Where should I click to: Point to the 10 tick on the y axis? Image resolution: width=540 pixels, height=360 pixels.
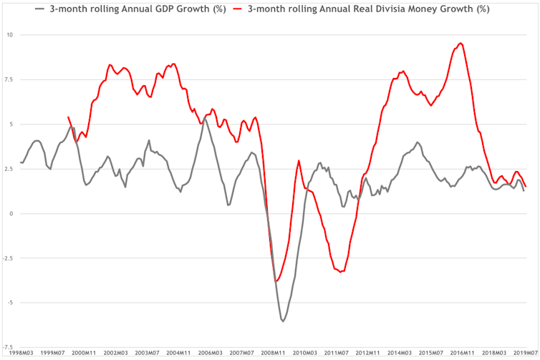pyautogui.click(x=9, y=34)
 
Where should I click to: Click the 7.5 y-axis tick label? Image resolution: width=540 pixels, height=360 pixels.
pyautogui.click(x=8, y=79)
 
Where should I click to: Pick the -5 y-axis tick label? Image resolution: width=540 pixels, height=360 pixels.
pyautogui.click(x=9, y=302)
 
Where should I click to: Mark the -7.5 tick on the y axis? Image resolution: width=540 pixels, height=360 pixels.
pyautogui.click(x=6, y=347)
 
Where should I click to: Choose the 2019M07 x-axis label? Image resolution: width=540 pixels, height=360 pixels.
pyautogui.click(x=526, y=354)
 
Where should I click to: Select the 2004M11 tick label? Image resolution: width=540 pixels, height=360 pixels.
pyautogui.click(x=178, y=354)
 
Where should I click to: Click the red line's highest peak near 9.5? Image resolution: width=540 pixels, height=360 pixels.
pyautogui.click(x=460, y=44)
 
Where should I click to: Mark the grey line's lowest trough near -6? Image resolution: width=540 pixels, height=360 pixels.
pyautogui.click(x=283, y=321)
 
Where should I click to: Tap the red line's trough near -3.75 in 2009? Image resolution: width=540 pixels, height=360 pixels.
pyautogui.click(x=276, y=281)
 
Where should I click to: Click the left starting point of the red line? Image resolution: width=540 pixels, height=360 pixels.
pyautogui.click(x=68, y=117)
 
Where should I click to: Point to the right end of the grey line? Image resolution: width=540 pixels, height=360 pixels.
pyautogui.click(x=524, y=190)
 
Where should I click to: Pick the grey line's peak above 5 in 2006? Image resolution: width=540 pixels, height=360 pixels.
pyautogui.click(x=204, y=119)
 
